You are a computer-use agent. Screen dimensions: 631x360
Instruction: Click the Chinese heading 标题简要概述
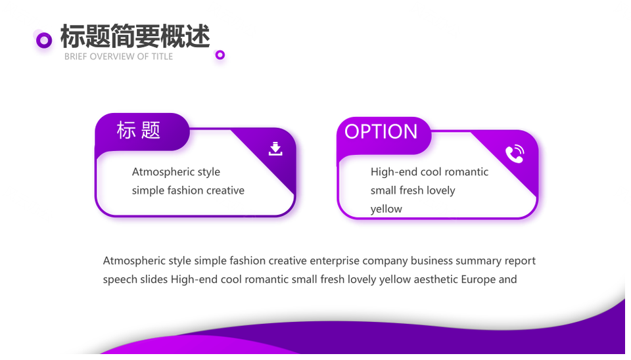pyautogui.click(x=135, y=36)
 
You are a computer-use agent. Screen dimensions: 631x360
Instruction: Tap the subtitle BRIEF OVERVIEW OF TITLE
pyautogui.click(x=119, y=56)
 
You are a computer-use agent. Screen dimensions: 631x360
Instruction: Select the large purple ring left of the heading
pyautogui.click(x=44, y=40)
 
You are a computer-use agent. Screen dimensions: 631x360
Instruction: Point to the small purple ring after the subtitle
pyautogui.click(x=220, y=55)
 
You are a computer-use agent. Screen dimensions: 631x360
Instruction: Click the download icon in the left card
pyautogui.click(x=275, y=148)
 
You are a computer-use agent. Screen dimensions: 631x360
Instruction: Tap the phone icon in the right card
pyautogui.click(x=515, y=154)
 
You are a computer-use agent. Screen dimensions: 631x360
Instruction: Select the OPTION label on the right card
pyautogui.click(x=381, y=131)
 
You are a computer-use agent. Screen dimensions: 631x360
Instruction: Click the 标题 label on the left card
pyautogui.click(x=139, y=131)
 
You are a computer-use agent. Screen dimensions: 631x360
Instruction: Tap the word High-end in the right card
pyautogui.click(x=388, y=172)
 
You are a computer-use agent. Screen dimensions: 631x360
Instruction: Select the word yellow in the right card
pyautogui.click(x=386, y=209)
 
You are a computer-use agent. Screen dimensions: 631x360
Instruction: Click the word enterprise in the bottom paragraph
pyautogui.click(x=335, y=261)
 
